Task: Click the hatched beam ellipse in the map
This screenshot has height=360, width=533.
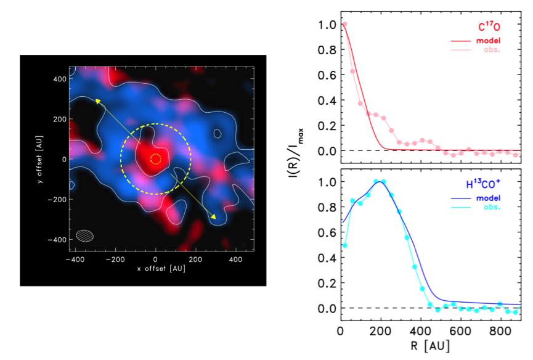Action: pos(86,235)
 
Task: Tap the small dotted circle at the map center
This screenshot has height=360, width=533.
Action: pos(156,159)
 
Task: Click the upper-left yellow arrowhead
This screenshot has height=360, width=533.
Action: pos(97,99)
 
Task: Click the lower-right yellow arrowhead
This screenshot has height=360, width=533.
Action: pos(213,217)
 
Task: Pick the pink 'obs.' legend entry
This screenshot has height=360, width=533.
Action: pos(491,49)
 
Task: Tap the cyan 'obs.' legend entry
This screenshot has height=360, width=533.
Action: pos(491,207)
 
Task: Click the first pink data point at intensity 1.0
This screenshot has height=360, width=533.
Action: pos(344,25)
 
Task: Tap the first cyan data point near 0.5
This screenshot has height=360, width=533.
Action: pos(344,245)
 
